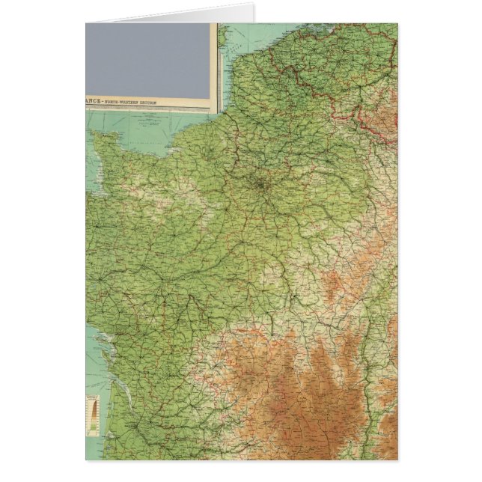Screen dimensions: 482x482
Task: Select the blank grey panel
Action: [148, 60]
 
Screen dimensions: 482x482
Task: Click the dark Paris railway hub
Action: [261, 182]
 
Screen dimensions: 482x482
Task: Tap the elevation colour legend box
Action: [94, 415]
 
